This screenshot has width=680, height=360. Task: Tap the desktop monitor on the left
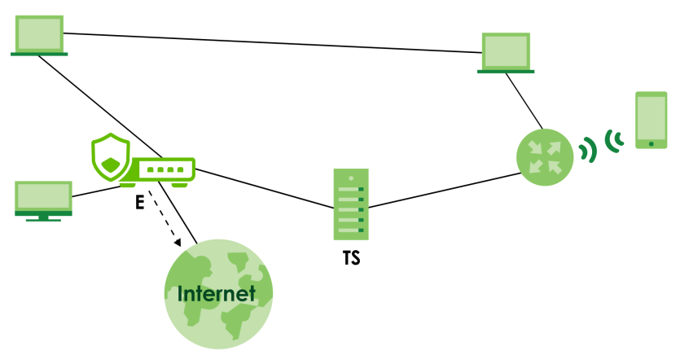pyautogui.click(x=43, y=198)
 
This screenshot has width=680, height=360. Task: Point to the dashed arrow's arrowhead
pyautogui.click(x=177, y=243)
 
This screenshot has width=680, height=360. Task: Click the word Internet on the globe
pyautogui.click(x=217, y=293)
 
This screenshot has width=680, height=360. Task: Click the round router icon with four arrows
pyautogui.click(x=545, y=156)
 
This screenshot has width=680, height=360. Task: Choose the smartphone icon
pyautogui.click(x=651, y=121)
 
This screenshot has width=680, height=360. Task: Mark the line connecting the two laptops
pyautogui.click(x=269, y=42)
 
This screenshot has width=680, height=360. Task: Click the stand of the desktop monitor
pyautogui.click(x=43, y=218)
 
